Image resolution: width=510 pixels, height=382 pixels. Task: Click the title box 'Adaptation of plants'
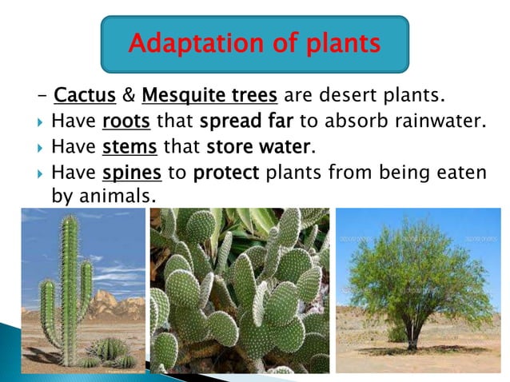[254, 44]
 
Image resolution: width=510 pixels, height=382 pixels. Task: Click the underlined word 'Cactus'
[84, 97]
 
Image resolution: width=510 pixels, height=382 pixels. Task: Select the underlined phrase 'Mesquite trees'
[209, 97]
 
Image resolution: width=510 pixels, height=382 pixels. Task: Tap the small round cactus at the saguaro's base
[112, 350]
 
